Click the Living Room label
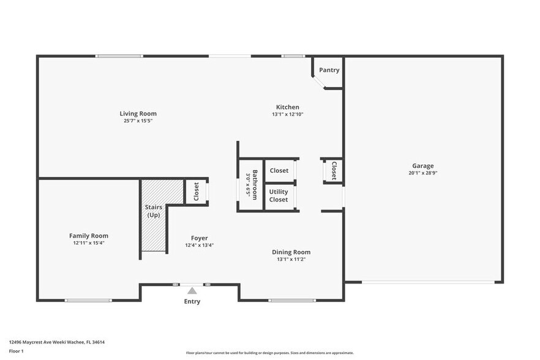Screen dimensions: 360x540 [138, 113]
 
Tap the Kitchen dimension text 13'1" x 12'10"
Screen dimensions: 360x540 [288, 114]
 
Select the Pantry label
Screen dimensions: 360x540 [329, 70]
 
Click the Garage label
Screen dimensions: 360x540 [422, 166]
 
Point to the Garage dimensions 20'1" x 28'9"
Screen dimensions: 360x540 [422, 173]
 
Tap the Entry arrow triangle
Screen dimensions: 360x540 [192, 291]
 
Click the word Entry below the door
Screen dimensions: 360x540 [192, 301]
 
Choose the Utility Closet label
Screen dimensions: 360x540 [279, 196]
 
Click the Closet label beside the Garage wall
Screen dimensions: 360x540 [334, 170]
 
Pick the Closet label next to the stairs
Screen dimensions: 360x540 [196, 192]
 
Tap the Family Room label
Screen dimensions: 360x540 [89, 236]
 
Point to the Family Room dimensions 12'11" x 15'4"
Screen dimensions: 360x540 [89, 243]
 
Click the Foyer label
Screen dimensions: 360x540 [199, 238]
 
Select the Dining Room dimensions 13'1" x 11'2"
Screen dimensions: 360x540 [291, 260]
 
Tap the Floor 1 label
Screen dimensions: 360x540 [17, 351]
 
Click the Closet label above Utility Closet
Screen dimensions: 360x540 [279, 171]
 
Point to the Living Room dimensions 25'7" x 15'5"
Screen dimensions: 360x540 [138, 121]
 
